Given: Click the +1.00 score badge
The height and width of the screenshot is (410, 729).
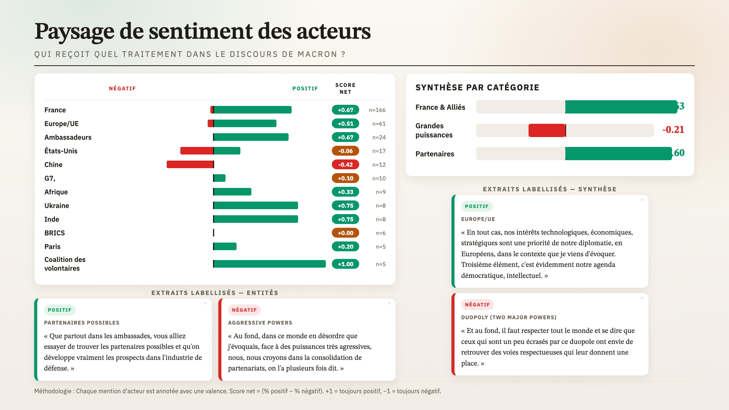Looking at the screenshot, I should click(x=345, y=264).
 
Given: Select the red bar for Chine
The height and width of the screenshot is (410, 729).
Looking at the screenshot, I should click(x=190, y=164).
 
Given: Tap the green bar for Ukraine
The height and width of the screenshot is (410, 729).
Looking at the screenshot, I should click(x=256, y=205).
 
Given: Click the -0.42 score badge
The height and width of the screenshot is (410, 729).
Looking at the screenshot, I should click(x=345, y=164).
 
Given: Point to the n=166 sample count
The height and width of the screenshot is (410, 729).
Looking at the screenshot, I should click(x=377, y=110).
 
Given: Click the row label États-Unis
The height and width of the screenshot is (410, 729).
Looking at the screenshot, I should click(x=61, y=151).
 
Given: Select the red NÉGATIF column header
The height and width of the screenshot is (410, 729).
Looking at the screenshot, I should click(x=122, y=88).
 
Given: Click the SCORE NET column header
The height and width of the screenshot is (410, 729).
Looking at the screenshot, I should click(x=345, y=88).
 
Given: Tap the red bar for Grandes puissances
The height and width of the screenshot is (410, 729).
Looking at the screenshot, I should click(x=547, y=130).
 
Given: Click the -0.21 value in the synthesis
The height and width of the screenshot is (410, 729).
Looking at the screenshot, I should click(x=673, y=130).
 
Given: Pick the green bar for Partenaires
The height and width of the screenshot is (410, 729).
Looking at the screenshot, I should click(x=619, y=153).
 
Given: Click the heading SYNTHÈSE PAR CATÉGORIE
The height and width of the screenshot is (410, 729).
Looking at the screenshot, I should click(x=477, y=88).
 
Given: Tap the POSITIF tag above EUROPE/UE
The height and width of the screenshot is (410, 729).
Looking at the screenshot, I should click(x=477, y=206).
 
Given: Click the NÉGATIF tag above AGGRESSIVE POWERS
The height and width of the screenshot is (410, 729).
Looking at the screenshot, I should click(x=244, y=310).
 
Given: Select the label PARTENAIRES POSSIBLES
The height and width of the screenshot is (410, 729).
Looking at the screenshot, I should click(x=82, y=323).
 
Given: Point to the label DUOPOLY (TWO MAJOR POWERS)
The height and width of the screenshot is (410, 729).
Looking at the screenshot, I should click(x=509, y=317).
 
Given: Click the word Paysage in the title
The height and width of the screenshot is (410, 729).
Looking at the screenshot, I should click(x=74, y=32).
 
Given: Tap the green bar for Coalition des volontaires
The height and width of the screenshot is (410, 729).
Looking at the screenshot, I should click(x=270, y=264).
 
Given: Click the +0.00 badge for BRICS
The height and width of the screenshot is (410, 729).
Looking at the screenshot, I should click(x=345, y=233).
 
